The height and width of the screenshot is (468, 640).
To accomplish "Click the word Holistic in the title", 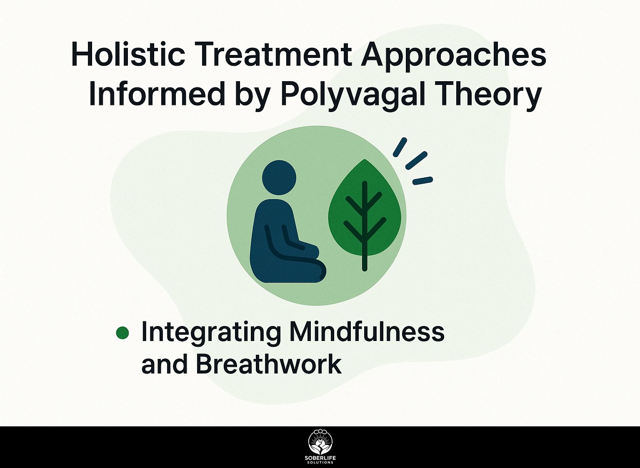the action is click(x=128, y=54).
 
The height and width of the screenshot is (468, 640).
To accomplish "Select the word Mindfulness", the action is click(x=367, y=331).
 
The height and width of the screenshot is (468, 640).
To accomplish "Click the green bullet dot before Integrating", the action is click(x=122, y=333).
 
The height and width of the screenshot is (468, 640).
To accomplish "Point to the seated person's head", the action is click(x=279, y=177).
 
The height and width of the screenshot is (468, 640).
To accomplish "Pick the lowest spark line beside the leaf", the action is click(x=423, y=180).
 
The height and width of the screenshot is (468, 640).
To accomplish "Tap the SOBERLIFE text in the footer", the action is click(x=320, y=458).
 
